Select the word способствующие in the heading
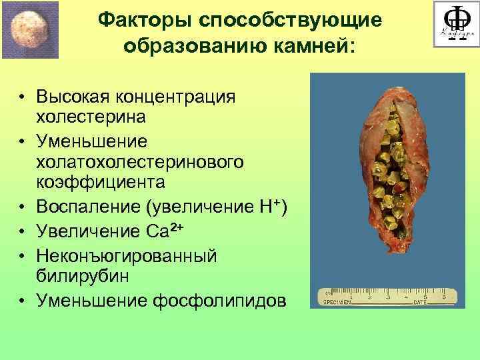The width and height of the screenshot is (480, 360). [291, 21]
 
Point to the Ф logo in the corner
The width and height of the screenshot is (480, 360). [455, 24]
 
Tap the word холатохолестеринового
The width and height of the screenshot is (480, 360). [139, 162]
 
